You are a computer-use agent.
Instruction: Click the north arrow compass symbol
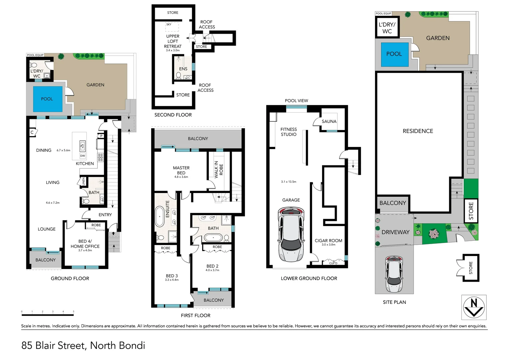(474, 307)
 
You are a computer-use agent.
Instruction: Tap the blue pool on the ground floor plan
(48, 99)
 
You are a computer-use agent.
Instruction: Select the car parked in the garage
(291, 234)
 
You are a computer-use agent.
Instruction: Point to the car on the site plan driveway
(394, 274)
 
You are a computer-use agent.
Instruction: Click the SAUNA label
(329, 121)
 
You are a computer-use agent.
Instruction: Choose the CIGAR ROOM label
(328, 241)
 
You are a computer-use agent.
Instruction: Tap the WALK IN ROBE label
(219, 169)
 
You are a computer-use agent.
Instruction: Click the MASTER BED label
(181, 170)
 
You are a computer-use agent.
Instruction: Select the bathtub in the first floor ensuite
(160, 217)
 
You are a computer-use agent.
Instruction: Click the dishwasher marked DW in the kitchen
(83, 156)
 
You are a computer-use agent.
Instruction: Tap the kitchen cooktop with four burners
(101, 157)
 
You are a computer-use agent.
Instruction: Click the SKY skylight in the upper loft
(172, 27)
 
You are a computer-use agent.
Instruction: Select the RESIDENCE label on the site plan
(418, 131)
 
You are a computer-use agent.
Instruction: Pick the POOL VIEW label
(296, 101)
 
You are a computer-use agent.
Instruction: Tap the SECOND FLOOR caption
(173, 115)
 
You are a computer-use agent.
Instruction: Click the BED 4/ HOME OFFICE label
(85, 244)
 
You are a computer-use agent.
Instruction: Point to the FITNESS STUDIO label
(288, 132)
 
